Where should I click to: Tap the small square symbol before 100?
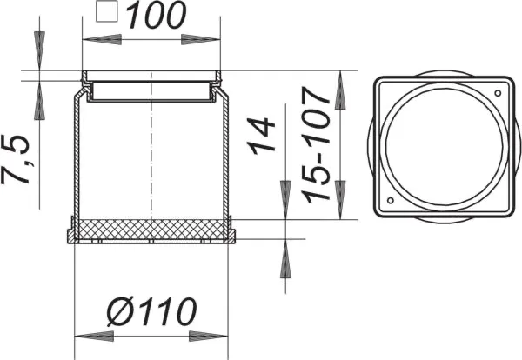coord(106,13)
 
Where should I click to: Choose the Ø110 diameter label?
coord(154,310)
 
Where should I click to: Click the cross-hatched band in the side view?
coord(151,229)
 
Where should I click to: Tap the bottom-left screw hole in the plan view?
coord(389,203)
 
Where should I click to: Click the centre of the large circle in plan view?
coord(442,148)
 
